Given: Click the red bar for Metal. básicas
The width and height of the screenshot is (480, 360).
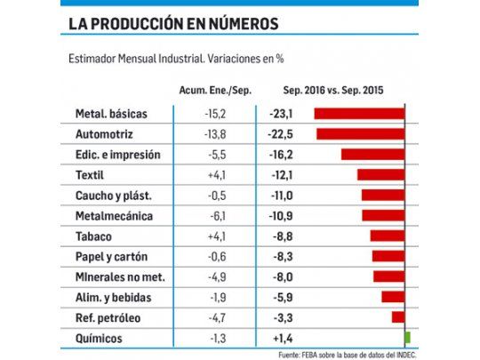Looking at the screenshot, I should pyautogui.click(x=359, y=114).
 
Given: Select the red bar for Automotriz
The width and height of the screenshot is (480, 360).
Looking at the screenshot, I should pyautogui.click(x=360, y=134).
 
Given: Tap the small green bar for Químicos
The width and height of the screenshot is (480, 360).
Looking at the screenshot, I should pyautogui.click(x=407, y=338).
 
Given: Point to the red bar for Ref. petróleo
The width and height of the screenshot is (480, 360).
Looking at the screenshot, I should pyautogui.click(x=398, y=317).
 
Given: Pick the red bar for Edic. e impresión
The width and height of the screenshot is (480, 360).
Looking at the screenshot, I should pyautogui.click(x=372, y=155).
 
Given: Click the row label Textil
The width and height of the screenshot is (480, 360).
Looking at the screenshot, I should pyautogui.click(x=91, y=175).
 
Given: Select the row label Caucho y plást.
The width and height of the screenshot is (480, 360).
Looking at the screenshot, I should pyautogui.click(x=114, y=196).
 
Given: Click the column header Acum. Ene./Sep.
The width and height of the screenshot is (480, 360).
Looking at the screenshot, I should pyautogui.click(x=208, y=91).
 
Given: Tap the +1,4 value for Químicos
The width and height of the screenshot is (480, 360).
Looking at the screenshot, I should pyautogui.click(x=280, y=338).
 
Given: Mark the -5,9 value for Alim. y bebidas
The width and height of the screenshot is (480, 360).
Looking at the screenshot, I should pyautogui.click(x=280, y=297).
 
